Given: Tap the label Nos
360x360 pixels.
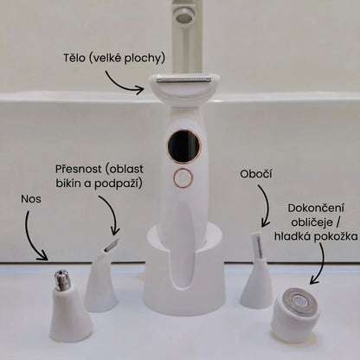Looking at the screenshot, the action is click(31, 199).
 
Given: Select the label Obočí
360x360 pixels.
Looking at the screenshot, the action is click(256, 174).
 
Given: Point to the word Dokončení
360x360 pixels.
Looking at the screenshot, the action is click(316, 209).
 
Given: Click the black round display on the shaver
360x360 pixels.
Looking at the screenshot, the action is click(183, 145).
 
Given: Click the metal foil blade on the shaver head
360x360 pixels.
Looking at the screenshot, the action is click(183, 79).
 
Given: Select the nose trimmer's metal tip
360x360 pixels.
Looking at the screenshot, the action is click(62, 280).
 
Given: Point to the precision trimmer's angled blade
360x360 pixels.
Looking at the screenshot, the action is click(112, 244).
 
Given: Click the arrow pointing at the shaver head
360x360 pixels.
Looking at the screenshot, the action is click(121, 84).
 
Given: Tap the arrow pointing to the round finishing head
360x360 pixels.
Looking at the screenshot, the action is click(321, 266).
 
